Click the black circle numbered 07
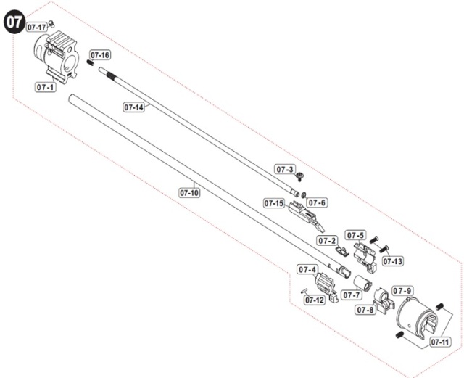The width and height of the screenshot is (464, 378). click(x=14, y=22)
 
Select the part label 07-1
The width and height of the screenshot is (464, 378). click(x=45, y=87)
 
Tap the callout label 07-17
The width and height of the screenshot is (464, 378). click(x=37, y=28)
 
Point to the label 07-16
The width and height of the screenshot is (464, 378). click(x=100, y=55)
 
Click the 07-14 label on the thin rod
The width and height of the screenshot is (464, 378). click(x=133, y=107)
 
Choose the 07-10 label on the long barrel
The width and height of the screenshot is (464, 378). click(x=190, y=193)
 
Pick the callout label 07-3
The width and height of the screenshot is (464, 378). click(x=285, y=170)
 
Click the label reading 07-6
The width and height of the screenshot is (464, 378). click(x=317, y=202)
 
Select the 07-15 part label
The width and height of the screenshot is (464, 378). click(x=274, y=203)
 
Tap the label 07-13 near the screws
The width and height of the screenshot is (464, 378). click(x=393, y=261)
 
